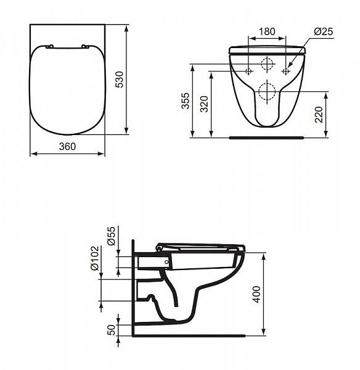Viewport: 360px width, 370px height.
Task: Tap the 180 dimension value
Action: [267, 31]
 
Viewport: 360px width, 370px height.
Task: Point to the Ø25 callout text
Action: [323, 31]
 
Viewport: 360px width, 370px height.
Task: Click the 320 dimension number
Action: [203, 104]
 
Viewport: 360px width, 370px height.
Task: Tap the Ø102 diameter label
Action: [94, 260]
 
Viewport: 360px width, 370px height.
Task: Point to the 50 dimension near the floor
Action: [112, 329]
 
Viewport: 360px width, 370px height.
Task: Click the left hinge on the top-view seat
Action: [50, 46]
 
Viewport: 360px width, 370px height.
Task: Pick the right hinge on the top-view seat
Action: [85, 46]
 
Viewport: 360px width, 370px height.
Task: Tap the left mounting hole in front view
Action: [248, 72]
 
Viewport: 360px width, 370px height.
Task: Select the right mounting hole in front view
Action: [285, 72]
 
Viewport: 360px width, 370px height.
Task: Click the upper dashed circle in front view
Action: [267, 64]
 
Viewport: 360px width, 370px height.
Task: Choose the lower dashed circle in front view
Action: [267, 92]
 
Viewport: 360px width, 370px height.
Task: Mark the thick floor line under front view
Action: [267, 138]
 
